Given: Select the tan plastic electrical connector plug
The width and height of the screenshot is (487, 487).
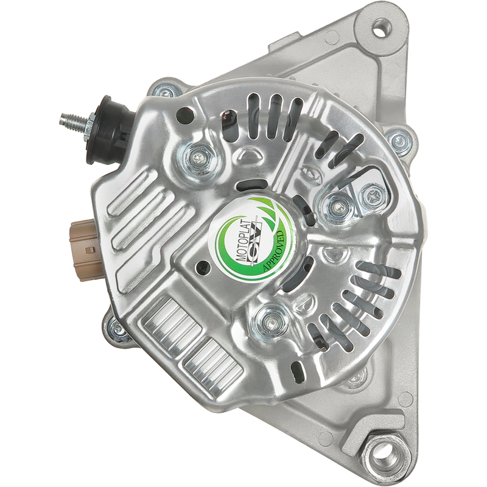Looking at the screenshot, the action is (83, 250).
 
